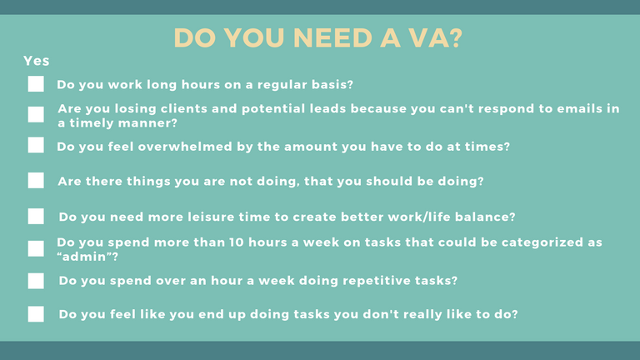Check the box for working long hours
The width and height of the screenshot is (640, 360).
coord(36,84)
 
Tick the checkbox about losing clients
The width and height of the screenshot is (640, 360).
coord(36,115)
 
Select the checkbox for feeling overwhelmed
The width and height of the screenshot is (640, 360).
coord(36,145)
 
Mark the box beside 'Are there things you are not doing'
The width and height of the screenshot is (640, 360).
coord(36,180)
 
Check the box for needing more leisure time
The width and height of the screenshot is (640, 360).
coord(36,217)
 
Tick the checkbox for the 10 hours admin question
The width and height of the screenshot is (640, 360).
coord(36,248)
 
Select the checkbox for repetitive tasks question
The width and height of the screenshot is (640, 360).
coord(36,281)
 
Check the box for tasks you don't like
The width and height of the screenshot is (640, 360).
coord(36,314)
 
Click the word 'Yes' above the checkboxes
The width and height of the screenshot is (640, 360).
coord(37,61)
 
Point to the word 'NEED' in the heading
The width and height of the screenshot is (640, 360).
coord(332,38)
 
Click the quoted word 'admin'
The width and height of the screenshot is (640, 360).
coord(87,257)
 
